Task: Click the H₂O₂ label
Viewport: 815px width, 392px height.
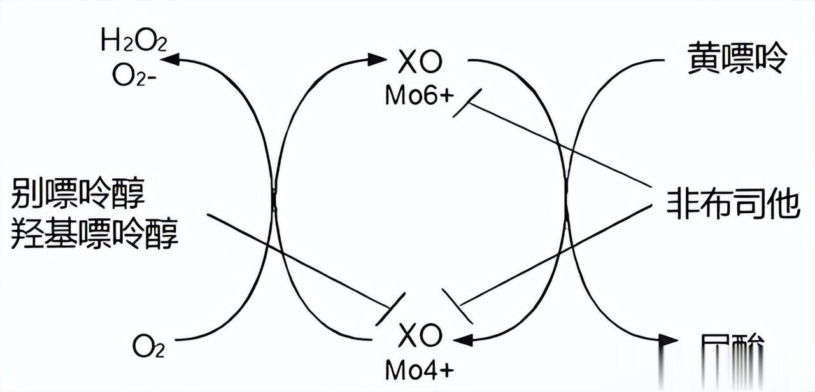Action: click(134, 43)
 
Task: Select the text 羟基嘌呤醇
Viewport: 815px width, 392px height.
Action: click(95, 235)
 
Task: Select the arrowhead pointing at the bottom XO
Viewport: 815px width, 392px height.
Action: click(464, 339)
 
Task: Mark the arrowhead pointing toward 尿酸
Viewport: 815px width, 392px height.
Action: click(669, 340)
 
